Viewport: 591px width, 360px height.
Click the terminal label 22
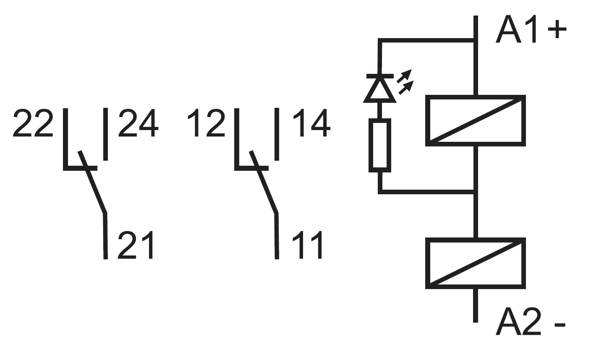pyautogui.click(x=33, y=123)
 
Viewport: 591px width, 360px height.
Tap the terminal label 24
pyautogui.click(x=138, y=123)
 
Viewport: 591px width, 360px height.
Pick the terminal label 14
pyautogui.click(x=311, y=123)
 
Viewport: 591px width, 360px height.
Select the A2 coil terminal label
pyautogui.click(x=518, y=322)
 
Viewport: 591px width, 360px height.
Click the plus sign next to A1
pyautogui.click(x=557, y=29)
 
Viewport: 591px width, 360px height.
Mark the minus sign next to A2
pyautogui.click(x=560, y=324)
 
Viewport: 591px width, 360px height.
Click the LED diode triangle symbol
pyautogui.click(x=380, y=89)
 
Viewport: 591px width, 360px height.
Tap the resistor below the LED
pyautogui.click(x=380, y=145)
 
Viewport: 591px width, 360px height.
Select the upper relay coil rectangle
pyautogui.click(x=475, y=120)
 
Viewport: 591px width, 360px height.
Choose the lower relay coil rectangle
pyautogui.click(x=475, y=263)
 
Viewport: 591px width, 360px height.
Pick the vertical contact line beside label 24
pyautogui.click(x=105, y=134)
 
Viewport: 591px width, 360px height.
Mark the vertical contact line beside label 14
pyautogui.click(x=277, y=134)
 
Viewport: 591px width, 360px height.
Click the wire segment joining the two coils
pyautogui.click(x=475, y=214)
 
